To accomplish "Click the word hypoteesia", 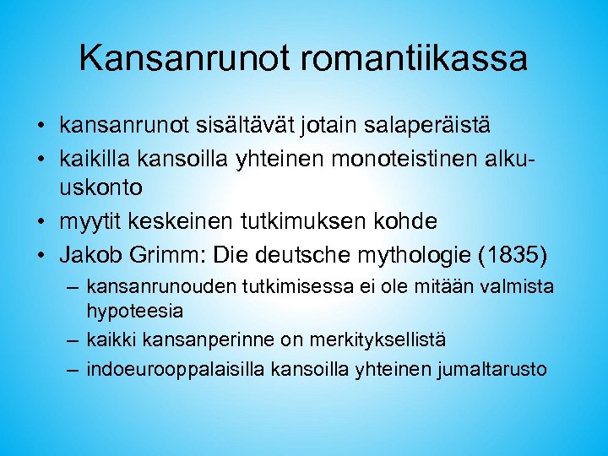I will [x=135, y=311].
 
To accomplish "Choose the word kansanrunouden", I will [x=159, y=287].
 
